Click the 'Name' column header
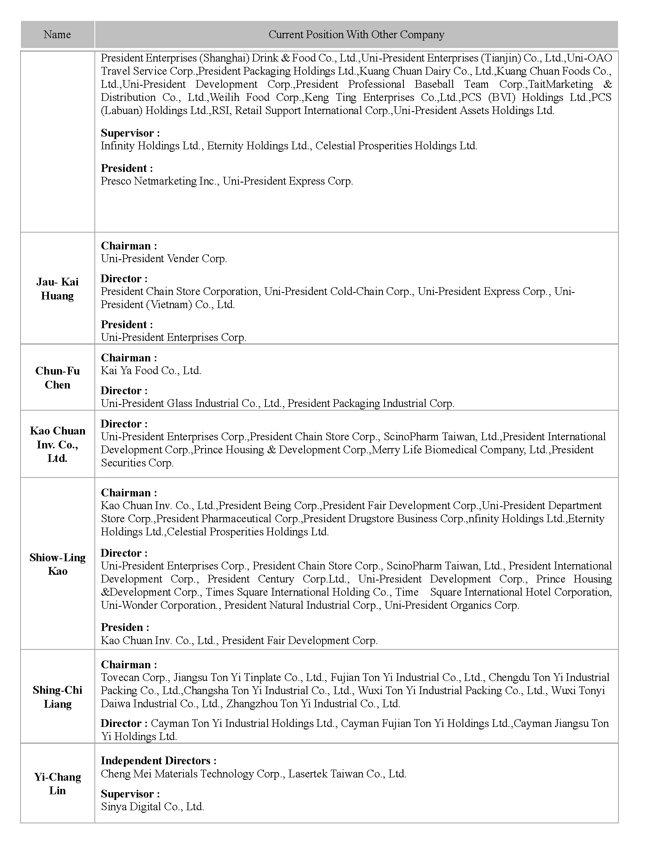click(x=57, y=34)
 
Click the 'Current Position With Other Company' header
click(x=356, y=34)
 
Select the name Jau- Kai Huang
click(x=57, y=289)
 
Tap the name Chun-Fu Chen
click(x=57, y=378)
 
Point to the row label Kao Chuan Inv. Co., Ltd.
click(x=57, y=444)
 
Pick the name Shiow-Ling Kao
click(x=57, y=564)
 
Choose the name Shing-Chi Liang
click(x=57, y=697)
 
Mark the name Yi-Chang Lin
click(x=57, y=784)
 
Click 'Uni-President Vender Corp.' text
click(x=164, y=259)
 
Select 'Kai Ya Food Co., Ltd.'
click(x=151, y=371)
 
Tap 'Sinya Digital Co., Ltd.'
click(x=152, y=807)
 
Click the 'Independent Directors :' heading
click(x=158, y=761)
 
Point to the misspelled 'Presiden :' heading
click(x=125, y=628)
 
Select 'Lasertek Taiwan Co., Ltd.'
click(x=347, y=774)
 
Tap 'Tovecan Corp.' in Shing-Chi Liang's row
click(x=134, y=678)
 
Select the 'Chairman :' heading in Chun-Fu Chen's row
click(x=129, y=358)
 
